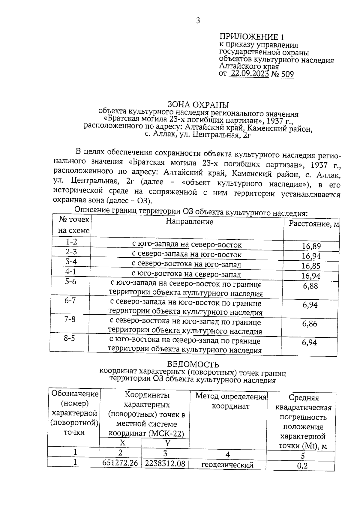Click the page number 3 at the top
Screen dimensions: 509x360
pyautogui.click(x=198, y=21)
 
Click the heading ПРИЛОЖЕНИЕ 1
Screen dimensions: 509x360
pyautogui.click(x=251, y=37)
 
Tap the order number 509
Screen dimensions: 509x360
pyautogui.click(x=287, y=74)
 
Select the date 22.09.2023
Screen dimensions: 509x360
pyautogui.click(x=249, y=74)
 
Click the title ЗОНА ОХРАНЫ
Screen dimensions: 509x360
pyautogui.click(x=198, y=105)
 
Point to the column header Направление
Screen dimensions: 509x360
pyautogui.click(x=189, y=222)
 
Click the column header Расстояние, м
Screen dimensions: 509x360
pyautogui.click(x=313, y=224)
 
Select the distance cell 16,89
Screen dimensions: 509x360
pyautogui.click(x=311, y=247)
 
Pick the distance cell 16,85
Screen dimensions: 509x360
pyautogui.click(x=311, y=266)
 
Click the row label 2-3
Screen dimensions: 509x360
pyautogui.click(x=71, y=252)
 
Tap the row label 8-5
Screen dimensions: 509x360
pyautogui.click(x=69, y=338)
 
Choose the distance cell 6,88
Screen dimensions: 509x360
pyautogui.click(x=310, y=286)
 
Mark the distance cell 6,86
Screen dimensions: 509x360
pyautogui.click(x=310, y=324)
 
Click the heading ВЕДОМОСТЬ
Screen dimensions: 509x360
pyautogui.click(x=193, y=364)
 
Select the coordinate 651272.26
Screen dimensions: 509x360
pyautogui.click(x=120, y=463)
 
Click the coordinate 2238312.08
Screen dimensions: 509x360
pyautogui.click(x=165, y=464)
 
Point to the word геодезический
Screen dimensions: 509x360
pyautogui.click(x=227, y=465)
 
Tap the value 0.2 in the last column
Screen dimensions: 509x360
pyautogui.click(x=302, y=466)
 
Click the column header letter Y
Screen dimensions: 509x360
pyautogui.click(x=167, y=444)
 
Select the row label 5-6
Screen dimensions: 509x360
pyautogui.click(x=70, y=282)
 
